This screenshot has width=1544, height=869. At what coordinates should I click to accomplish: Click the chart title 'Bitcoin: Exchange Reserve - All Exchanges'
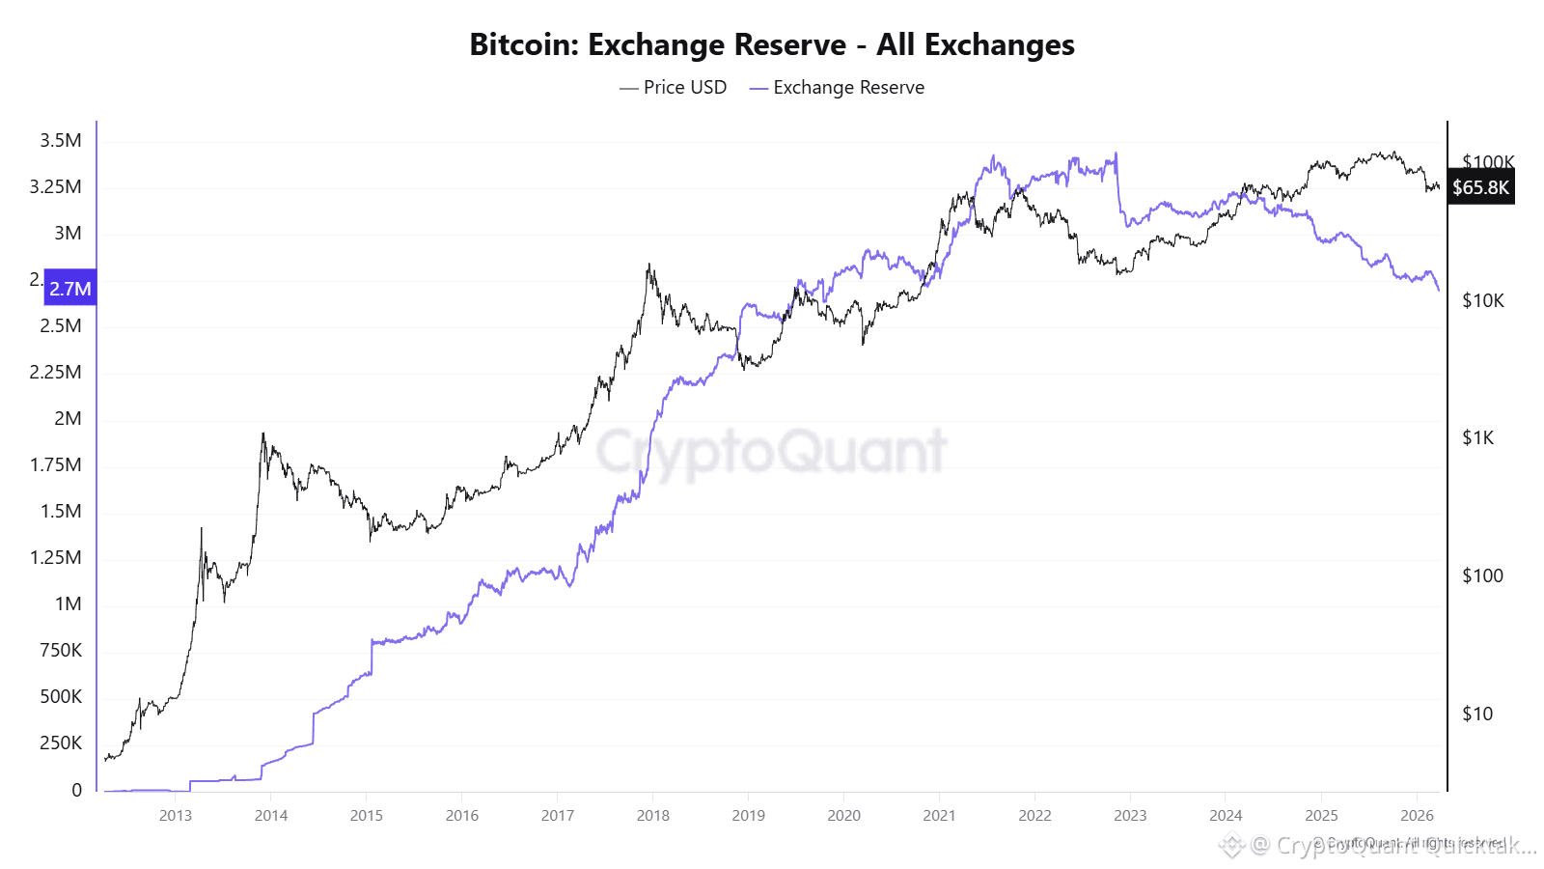pos(772,44)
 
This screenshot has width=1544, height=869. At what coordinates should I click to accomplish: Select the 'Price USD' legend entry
pos(675,88)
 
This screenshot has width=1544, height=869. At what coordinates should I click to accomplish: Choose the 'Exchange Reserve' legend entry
pos(838,88)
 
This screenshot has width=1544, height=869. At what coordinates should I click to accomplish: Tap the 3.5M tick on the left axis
pos(61,141)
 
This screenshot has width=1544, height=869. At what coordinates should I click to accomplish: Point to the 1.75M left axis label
pos(56,465)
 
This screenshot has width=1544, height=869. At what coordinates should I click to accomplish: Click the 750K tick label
pos(61,651)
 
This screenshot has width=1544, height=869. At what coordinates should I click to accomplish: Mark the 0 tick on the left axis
pos(77,790)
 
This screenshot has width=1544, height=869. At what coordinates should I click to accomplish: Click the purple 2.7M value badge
pos(70,288)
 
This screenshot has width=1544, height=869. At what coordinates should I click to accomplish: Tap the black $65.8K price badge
pos(1480,187)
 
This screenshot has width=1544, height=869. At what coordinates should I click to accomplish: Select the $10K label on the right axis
pos(1483,301)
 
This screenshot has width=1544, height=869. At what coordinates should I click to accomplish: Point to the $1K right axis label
pos(1478,438)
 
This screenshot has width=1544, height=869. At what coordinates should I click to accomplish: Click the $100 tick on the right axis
pos(1482,576)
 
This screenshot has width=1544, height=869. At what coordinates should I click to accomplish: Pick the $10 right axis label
pos(1477,715)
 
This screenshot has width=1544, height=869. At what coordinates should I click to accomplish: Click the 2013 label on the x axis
pos(176,816)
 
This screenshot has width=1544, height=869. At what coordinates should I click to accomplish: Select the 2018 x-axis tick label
pos(653,816)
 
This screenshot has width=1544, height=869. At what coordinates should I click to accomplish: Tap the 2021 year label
pos(939,816)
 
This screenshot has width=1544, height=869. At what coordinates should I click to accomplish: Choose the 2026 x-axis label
pos(1417,816)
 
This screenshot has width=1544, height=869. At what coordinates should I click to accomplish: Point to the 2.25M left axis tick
pos(56,373)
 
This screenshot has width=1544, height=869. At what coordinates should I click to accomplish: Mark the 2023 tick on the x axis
pos(1130,816)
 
